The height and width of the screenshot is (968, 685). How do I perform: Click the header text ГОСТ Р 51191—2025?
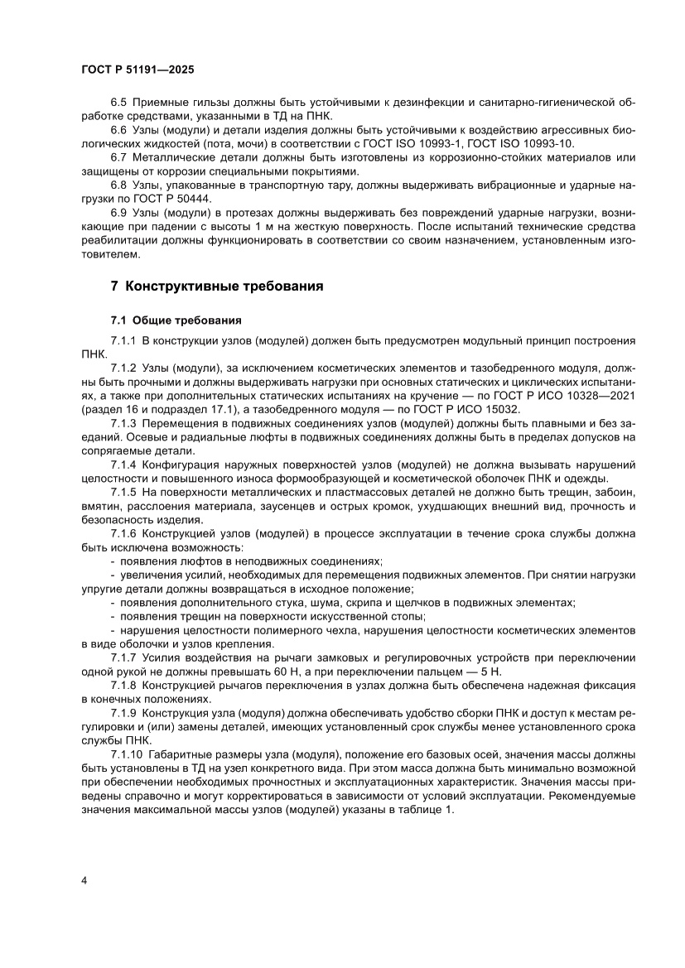pos(137,71)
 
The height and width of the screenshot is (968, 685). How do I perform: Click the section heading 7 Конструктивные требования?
pos(216,287)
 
